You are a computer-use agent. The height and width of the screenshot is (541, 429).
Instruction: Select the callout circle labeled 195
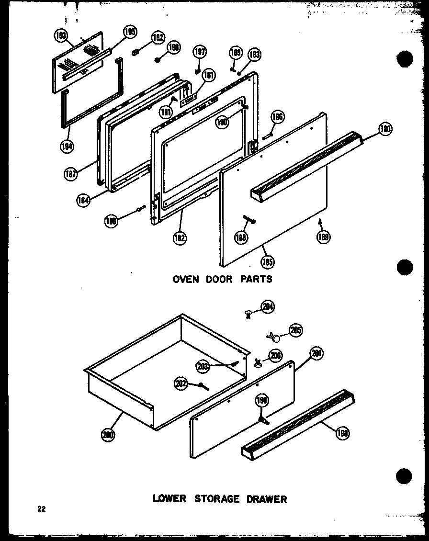coord(129,32)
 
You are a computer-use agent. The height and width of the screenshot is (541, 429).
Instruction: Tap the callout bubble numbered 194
coord(67,147)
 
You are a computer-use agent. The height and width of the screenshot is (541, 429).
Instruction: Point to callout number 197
coord(199,52)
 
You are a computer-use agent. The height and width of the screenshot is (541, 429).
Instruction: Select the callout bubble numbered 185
coord(268,261)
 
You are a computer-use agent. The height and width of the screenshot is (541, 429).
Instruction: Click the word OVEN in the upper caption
coord(186,279)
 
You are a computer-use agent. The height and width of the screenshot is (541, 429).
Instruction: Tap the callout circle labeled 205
coord(295,330)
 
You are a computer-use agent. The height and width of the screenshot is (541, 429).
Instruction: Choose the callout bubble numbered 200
coord(109,435)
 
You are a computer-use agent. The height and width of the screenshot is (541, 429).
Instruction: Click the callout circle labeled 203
coord(203,367)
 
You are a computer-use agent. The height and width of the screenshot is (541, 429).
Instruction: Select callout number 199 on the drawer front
coord(262,401)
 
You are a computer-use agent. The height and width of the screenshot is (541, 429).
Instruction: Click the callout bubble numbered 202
coord(181,383)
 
